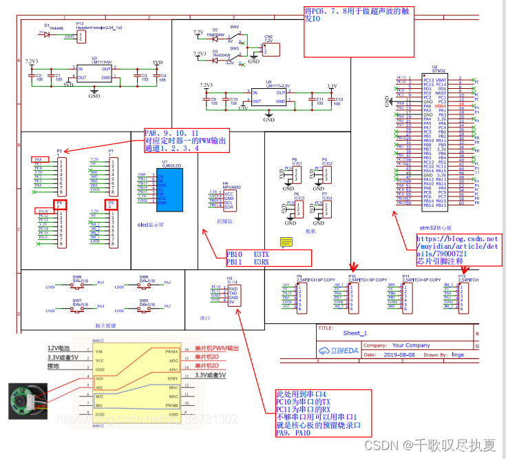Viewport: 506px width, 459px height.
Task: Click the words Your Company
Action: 411,345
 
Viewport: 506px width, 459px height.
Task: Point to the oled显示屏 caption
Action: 152,224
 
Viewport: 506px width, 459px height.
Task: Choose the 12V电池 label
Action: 59,349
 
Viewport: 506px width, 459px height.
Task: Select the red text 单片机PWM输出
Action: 218,348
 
